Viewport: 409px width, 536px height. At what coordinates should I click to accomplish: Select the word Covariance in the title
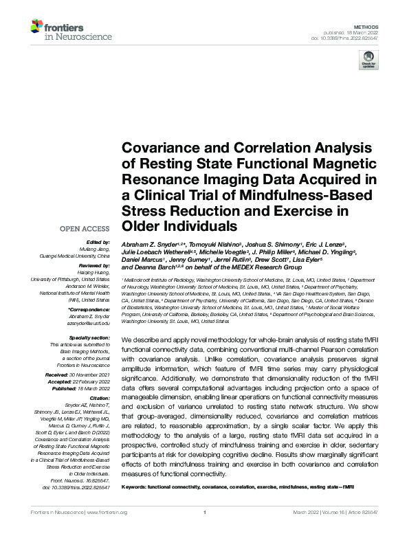[157, 149]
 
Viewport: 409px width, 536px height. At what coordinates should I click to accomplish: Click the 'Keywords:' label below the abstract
[136, 487]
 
